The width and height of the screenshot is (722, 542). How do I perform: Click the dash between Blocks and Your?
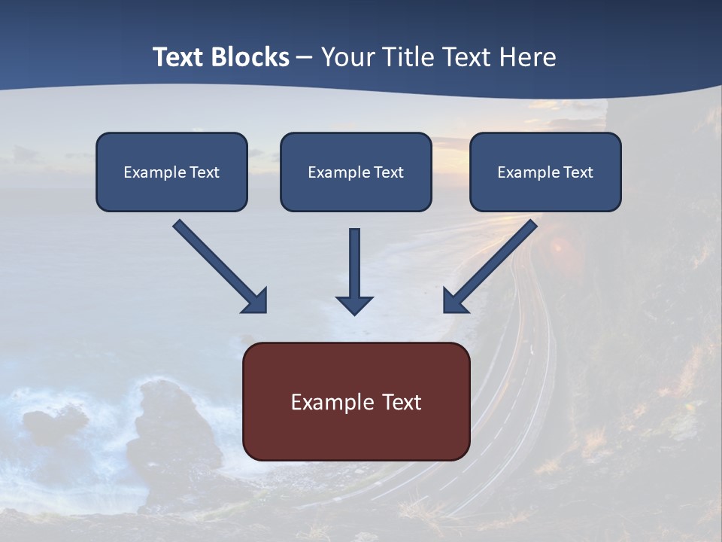point(305,58)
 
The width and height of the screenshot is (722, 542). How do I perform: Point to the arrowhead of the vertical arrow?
point(354,305)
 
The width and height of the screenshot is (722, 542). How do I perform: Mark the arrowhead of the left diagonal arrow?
point(256,301)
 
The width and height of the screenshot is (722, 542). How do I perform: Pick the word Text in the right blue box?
point(578,172)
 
